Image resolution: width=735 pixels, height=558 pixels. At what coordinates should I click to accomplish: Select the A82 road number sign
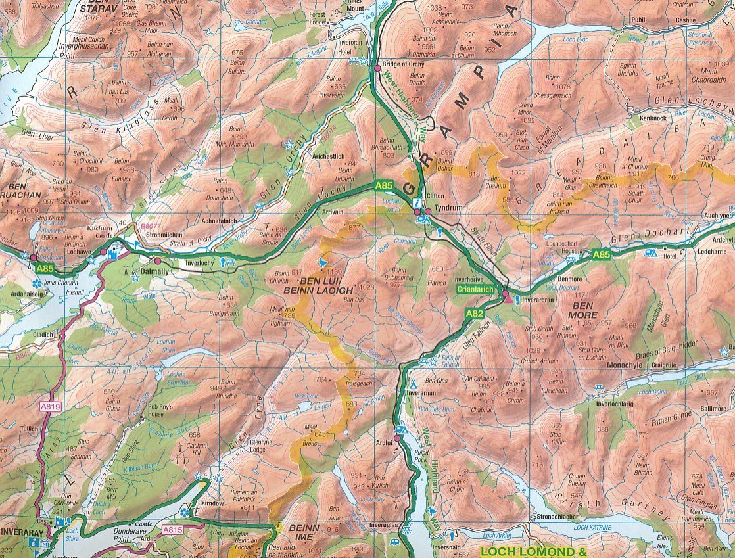(475, 314)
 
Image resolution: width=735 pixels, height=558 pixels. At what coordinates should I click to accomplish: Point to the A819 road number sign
(49, 407)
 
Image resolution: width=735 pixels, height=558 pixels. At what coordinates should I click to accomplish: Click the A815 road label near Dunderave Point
(173, 529)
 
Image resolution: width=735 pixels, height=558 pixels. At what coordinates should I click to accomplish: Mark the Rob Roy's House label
(160, 411)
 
